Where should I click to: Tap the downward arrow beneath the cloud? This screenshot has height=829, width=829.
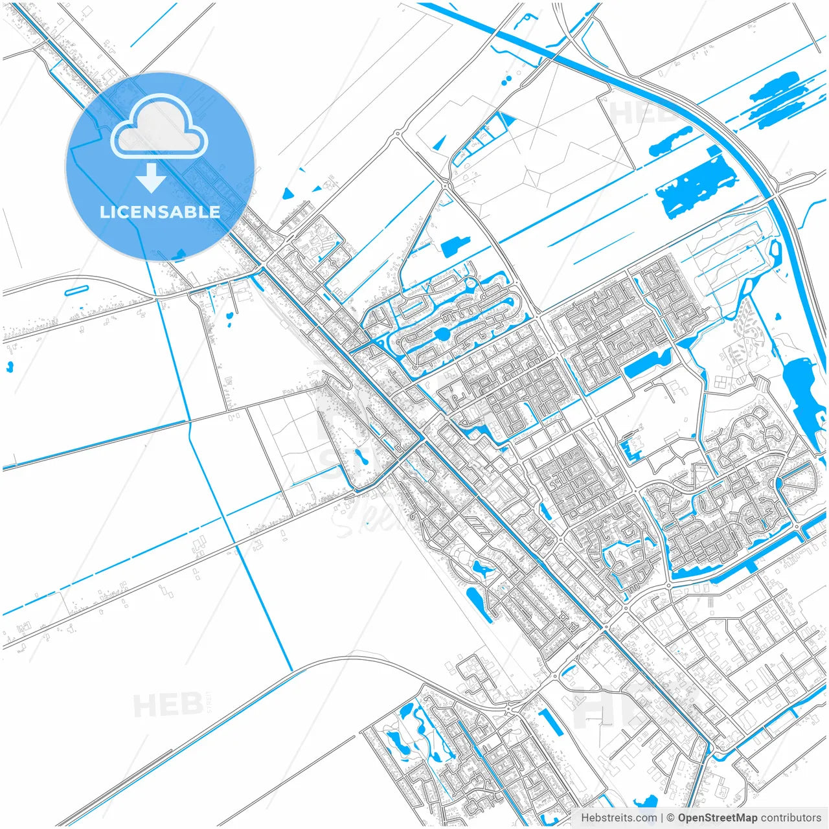[x=151, y=178]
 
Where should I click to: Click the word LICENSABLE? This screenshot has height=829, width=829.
[x=160, y=212]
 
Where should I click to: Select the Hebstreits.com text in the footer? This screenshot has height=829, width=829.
[x=619, y=818]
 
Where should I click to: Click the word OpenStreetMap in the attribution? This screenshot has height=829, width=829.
[x=717, y=818]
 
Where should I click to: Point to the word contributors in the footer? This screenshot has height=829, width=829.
[x=790, y=818]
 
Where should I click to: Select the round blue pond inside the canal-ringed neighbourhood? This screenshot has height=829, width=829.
[x=442, y=334]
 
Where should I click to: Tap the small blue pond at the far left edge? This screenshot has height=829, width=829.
[x=9, y=367]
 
